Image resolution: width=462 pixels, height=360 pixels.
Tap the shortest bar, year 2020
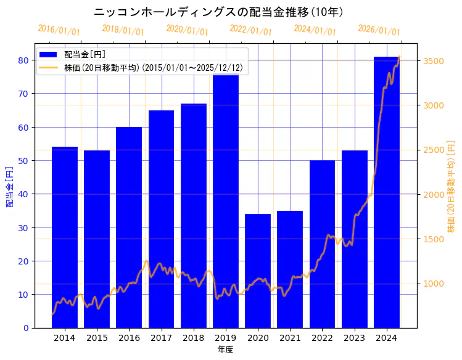258,271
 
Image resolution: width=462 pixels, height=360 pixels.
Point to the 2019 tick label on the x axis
226,338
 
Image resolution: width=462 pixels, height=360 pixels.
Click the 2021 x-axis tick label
290,338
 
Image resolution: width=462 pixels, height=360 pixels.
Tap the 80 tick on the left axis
23,60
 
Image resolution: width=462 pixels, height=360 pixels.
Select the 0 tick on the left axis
26,328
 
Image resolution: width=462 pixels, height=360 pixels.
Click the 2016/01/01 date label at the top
59,30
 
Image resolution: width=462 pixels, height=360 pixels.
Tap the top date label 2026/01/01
379,30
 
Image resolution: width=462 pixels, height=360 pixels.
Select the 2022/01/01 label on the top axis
250,30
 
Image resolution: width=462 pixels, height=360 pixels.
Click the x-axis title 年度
225,350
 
